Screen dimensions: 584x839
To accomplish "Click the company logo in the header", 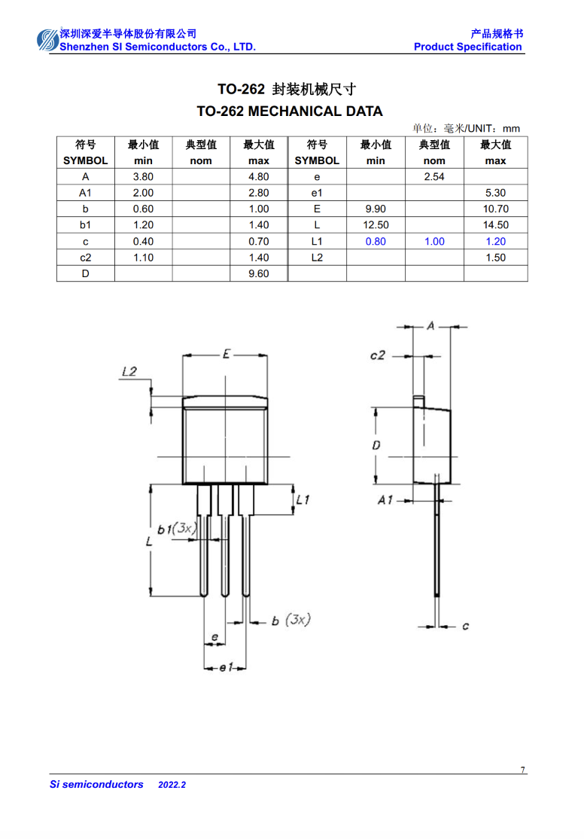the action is [47, 40].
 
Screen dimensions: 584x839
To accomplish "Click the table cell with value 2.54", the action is [434, 176].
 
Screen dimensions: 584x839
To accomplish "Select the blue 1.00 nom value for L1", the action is [434, 241].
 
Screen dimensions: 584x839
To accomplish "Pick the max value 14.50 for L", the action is [496, 225].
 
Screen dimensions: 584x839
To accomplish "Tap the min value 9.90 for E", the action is [376, 209].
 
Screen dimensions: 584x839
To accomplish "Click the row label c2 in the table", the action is [86, 258].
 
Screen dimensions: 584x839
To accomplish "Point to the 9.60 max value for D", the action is [259, 273].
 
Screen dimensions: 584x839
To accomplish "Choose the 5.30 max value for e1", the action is [496, 193].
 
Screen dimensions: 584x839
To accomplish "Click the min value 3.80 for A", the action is [143, 176].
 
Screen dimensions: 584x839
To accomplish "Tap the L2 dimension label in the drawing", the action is [129, 371].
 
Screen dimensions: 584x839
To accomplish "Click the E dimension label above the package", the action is [227, 354].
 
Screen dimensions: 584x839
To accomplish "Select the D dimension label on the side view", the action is [376, 445].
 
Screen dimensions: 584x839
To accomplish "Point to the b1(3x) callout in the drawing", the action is [177, 529].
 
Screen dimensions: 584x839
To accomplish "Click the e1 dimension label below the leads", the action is [227, 667].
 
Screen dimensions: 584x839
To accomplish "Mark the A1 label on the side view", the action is [385, 500].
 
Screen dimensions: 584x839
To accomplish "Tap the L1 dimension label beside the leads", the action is [303, 500].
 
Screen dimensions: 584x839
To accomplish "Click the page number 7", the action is [522, 770].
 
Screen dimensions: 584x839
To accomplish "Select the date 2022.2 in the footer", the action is [172, 785].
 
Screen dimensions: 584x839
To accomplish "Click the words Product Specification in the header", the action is [468, 47].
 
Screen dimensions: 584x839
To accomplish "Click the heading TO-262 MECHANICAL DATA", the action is [290, 111].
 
